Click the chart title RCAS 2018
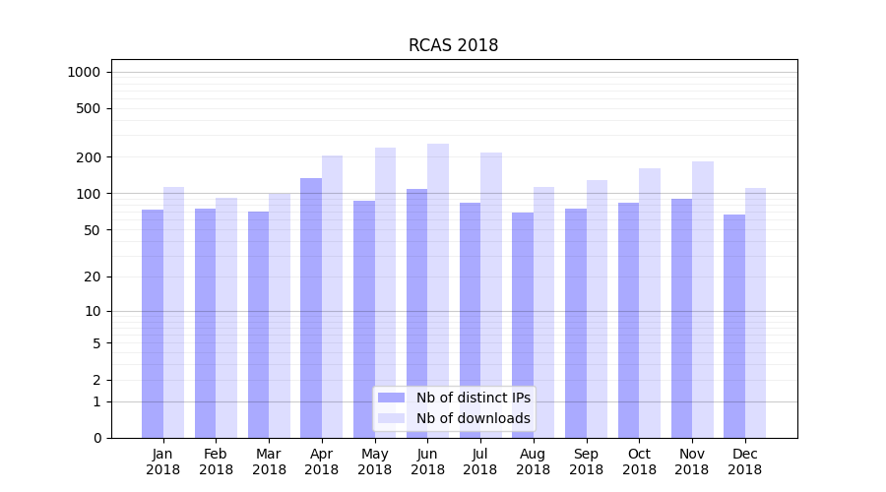coord(453,45)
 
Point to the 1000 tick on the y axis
coord(84,72)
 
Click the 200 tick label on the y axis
coord(88,157)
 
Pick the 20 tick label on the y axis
coord(92,277)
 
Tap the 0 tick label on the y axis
coord(96,438)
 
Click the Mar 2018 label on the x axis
coord(269,461)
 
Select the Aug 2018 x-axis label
coord(534,461)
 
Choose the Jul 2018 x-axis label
coord(480,461)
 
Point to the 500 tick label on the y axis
coord(88,108)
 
